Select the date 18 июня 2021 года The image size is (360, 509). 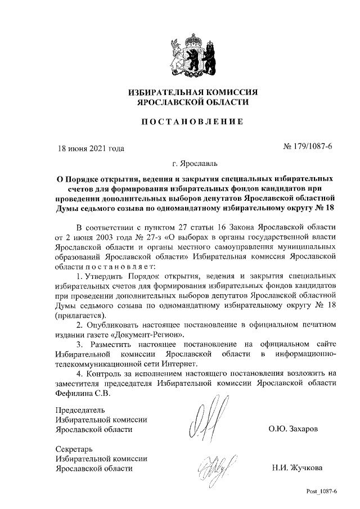coord(92,148)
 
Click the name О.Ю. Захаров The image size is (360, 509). coord(294,429)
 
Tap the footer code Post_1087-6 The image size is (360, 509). coord(321,492)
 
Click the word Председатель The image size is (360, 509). coord(81,409)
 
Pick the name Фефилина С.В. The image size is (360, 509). coord(83,393)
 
